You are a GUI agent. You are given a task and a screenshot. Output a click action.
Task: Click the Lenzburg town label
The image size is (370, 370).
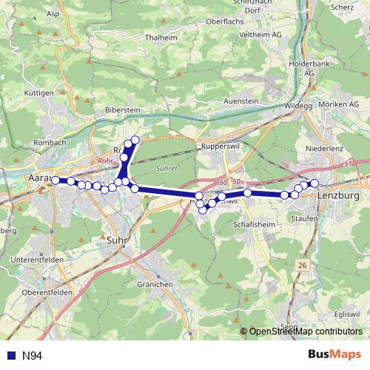coord(337,195)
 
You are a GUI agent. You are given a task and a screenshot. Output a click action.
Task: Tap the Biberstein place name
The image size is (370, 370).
coord(121,108)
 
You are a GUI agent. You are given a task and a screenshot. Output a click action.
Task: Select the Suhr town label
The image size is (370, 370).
coord(116,240)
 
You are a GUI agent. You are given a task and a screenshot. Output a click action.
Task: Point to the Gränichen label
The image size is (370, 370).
coord(155,284)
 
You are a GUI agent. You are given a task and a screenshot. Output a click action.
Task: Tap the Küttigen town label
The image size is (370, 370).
coord(38,93)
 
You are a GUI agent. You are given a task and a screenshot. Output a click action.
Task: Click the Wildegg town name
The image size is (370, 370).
coord(299,106)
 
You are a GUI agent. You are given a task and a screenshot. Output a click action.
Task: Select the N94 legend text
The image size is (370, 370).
coord(32,357)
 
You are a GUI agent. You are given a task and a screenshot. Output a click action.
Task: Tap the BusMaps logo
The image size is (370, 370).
coord(334,355)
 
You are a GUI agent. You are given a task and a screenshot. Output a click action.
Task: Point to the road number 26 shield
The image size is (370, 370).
coord(302,265)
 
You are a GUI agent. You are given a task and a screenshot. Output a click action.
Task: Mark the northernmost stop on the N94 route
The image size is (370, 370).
coord(135,140)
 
